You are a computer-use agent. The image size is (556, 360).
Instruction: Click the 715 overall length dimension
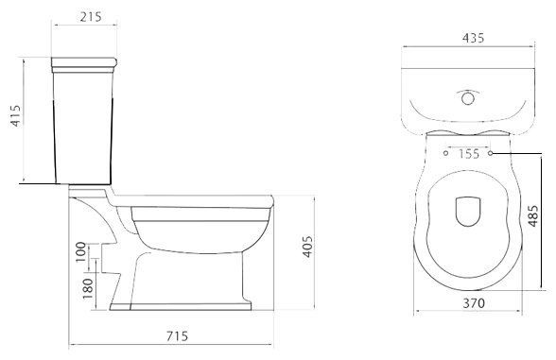(x=177, y=337)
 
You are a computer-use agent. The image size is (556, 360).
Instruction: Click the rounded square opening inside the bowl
(x=469, y=212)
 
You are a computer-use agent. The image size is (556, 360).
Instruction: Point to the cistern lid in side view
(x=88, y=65)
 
